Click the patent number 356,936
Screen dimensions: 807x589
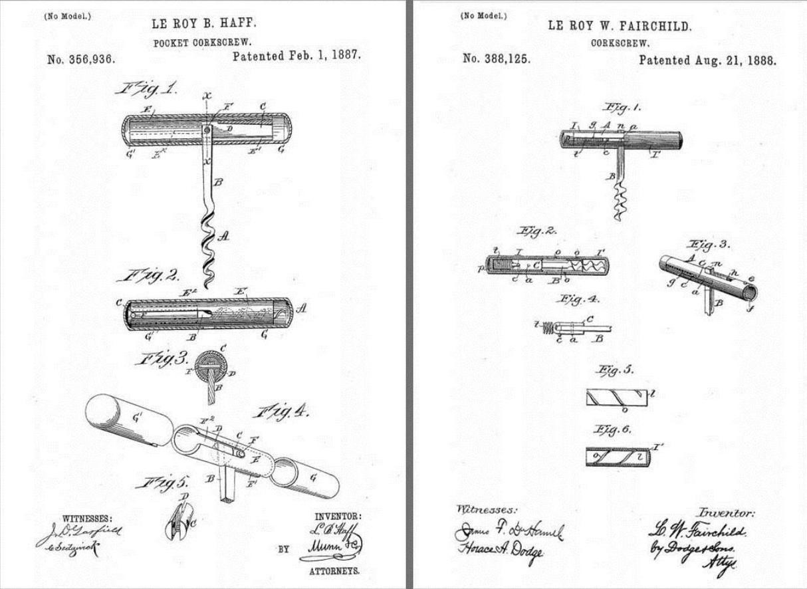(81, 59)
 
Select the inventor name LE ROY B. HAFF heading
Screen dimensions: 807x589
(204, 25)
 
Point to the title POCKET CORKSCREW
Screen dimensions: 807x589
(203, 43)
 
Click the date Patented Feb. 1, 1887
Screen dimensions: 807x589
(296, 56)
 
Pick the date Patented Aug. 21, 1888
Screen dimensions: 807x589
(707, 60)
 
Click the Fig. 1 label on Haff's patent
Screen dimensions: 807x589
(152, 89)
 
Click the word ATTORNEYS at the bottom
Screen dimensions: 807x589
(334, 570)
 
